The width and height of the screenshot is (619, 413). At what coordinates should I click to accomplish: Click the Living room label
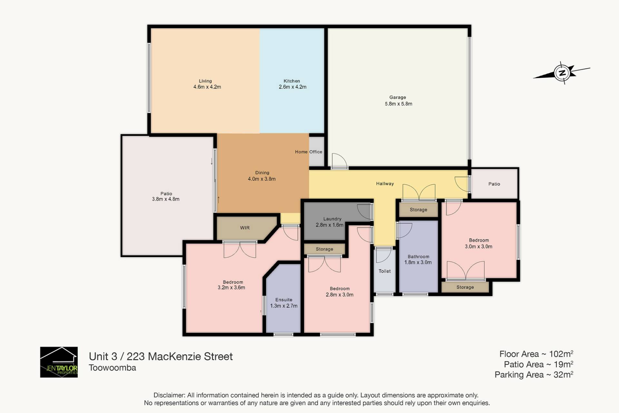point(205,81)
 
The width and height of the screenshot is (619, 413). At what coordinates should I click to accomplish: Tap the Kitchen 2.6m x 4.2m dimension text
point(292,87)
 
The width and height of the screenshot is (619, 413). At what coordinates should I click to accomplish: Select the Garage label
point(398,98)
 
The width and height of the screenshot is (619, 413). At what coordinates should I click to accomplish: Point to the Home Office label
point(309,152)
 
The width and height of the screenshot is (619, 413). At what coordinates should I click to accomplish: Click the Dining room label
point(262,173)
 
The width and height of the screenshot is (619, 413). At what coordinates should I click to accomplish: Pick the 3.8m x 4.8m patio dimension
point(166,199)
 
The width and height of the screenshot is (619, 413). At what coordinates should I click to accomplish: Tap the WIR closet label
point(245,228)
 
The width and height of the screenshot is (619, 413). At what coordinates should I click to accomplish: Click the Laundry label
point(332,219)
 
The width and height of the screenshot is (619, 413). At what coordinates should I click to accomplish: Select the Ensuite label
point(284,300)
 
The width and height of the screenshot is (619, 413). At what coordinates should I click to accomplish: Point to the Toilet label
point(385,271)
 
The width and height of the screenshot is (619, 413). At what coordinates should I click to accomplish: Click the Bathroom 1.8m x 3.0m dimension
point(418,263)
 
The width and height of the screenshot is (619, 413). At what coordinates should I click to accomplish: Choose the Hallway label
point(385,184)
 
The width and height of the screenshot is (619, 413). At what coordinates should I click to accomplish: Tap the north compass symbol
point(562,73)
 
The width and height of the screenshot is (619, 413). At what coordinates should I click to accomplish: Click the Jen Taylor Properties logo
point(59,362)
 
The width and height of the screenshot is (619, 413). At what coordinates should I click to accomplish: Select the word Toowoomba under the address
point(112,368)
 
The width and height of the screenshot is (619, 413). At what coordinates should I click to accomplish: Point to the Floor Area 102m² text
point(536,354)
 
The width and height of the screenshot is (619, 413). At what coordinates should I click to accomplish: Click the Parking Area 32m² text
point(534,375)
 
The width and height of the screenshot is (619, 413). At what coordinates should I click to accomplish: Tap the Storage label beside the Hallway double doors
point(418,210)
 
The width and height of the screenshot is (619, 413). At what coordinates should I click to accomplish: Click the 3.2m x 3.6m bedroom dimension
point(231,288)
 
